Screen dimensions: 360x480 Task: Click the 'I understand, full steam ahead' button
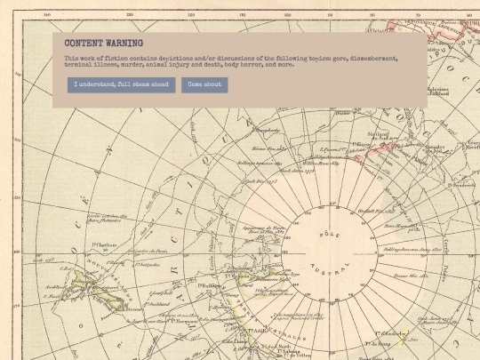121,84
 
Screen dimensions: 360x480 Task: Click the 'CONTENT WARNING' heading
104,43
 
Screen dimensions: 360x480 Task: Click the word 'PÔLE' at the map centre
328,234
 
